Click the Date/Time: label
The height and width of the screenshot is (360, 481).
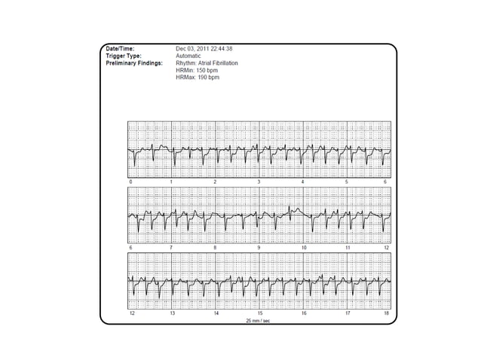(x=121, y=49)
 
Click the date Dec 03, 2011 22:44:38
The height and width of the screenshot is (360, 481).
(x=204, y=49)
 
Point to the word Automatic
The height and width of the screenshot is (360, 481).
(x=188, y=56)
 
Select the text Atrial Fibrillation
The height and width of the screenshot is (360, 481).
(x=218, y=63)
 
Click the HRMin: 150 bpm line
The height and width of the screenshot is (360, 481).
(x=197, y=70)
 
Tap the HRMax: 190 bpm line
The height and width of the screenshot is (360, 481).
(x=198, y=78)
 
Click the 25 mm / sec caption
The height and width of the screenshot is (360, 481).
(x=259, y=319)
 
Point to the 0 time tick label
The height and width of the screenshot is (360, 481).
(x=131, y=182)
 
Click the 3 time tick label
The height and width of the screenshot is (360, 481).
(x=259, y=182)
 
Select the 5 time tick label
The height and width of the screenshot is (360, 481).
(x=347, y=182)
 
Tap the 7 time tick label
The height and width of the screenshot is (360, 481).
(x=172, y=247)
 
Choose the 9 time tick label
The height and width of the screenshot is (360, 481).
(x=259, y=247)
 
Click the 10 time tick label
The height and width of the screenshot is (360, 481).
(x=304, y=247)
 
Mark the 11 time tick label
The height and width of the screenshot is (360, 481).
(x=348, y=247)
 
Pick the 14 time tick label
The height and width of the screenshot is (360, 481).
(x=216, y=312)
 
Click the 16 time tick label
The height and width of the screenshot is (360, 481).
(x=304, y=312)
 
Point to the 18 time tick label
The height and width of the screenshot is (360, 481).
(x=387, y=312)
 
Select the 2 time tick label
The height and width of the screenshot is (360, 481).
(x=215, y=182)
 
